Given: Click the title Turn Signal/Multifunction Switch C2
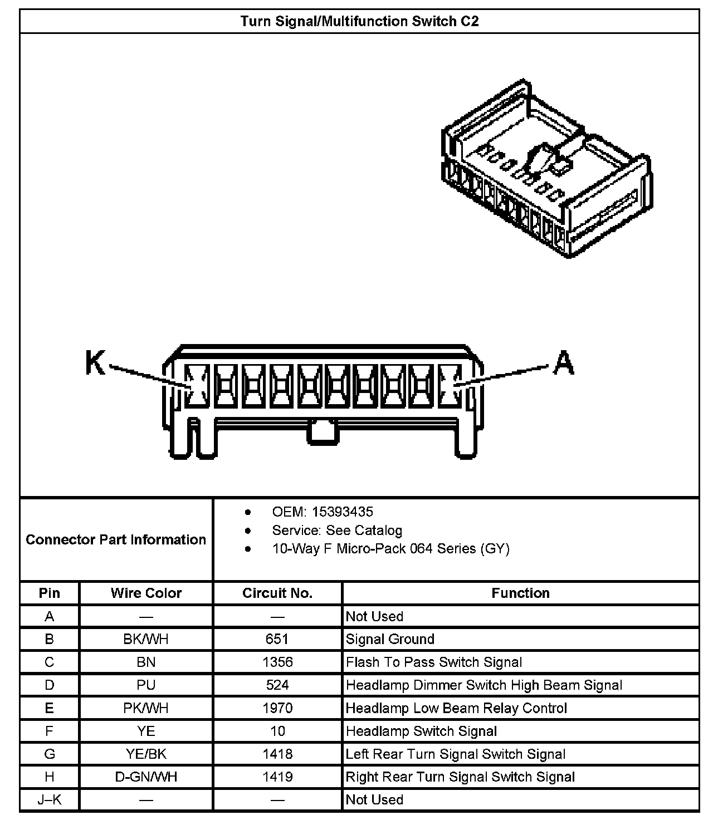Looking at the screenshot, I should [359, 22].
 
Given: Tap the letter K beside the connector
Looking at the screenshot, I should [95, 363].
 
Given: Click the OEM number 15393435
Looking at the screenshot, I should [342, 512].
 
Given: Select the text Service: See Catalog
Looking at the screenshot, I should [336, 530].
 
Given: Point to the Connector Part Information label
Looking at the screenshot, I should [116, 539].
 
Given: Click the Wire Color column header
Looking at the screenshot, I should [146, 593].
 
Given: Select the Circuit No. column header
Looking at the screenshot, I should [277, 593].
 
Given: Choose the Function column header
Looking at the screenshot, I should [520, 593].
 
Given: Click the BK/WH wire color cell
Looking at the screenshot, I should [146, 639].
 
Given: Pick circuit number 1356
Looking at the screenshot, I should [277, 662].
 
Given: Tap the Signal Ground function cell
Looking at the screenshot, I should [390, 639].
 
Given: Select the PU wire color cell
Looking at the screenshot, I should [146, 685].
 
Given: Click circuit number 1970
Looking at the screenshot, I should [277, 708].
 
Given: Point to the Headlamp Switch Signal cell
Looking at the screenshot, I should [421, 731].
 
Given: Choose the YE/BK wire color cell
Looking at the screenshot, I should [146, 754].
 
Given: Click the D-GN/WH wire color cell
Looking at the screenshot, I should [146, 777].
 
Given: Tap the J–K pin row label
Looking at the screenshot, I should [50, 800].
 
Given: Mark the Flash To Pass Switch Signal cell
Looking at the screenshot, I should [434, 662].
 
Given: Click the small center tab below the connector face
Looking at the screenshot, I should [323, 433].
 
